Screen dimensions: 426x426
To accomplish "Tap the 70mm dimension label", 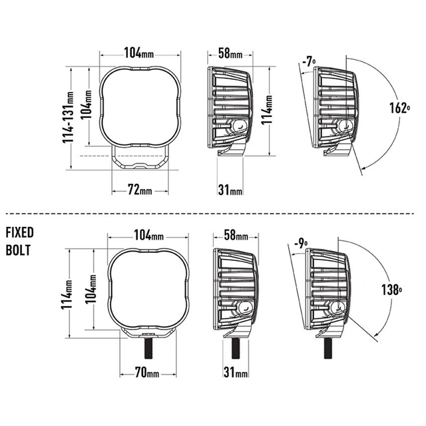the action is [147, 372].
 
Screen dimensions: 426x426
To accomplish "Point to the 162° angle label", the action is [399, 108].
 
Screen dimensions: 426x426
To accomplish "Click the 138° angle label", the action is [392, 290].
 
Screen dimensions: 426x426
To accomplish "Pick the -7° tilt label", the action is [309, 62].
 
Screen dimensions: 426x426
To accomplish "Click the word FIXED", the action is [19, 232].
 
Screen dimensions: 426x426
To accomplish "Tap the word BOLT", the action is [18, 250].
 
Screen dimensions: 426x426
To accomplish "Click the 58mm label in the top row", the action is [230, 53].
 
